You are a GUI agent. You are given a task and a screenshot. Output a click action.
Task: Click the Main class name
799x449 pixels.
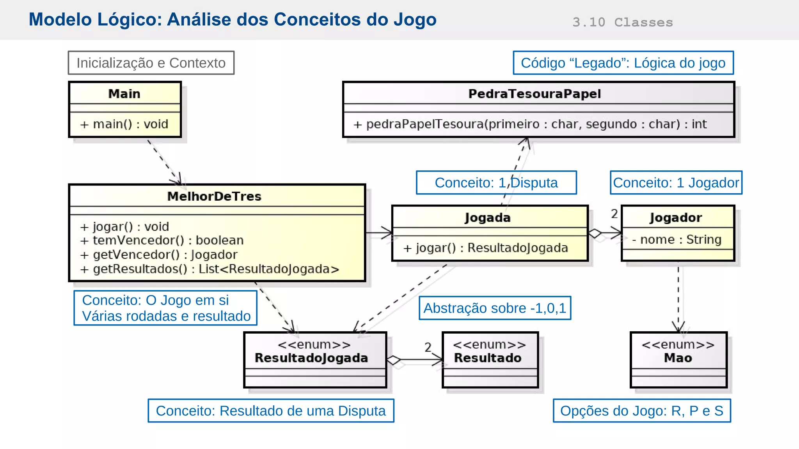(x=124, y=94)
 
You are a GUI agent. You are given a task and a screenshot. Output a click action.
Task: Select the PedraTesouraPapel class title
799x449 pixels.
(x=534, y=94)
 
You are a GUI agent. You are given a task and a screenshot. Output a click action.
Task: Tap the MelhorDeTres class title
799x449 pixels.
(x=214, y=196)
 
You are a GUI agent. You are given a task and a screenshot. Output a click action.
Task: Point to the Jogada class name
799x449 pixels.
(x=488, y=217)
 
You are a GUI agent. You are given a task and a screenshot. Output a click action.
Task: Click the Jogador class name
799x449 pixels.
(x=676, y=217)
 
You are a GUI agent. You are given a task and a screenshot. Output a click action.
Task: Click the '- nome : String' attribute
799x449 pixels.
(x=677, y=239)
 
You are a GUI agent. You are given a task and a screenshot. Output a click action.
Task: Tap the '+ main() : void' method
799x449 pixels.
(x=124, y=124)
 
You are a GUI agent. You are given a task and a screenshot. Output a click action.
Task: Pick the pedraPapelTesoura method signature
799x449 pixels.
(x=530, y=124)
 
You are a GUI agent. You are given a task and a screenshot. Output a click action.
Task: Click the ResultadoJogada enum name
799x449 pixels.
(x=311, y=358)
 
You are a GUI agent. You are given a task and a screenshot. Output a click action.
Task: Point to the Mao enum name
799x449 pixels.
(x=678, y=358)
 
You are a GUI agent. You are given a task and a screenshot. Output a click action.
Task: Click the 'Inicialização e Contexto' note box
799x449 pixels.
(x=151, y=63)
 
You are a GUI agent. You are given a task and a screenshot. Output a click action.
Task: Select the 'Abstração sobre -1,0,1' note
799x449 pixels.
(x=495, y=308)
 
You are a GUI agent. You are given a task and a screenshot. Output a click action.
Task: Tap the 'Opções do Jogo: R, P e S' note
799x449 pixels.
(x=642, y=411)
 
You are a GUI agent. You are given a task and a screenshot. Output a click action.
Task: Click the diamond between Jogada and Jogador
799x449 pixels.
(x=595, y=233)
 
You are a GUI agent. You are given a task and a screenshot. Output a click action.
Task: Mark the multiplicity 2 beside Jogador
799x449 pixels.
(x=614, y=214)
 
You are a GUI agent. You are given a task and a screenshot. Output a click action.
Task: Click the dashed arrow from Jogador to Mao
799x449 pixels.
(x=678, y=296)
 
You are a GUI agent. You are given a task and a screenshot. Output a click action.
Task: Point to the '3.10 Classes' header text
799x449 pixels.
(x=623, y=22)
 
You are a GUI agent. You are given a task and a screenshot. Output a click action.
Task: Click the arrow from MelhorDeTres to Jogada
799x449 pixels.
(x=378, y=233)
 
